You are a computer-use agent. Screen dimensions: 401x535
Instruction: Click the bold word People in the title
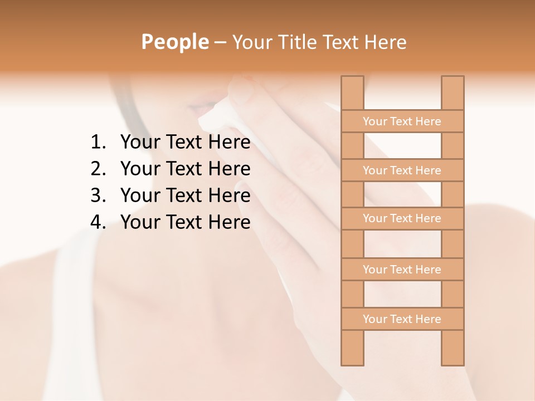pyautogui.click(x=175, y=42)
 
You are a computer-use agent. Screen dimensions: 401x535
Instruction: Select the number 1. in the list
pyautogui.click(x=98, y=143)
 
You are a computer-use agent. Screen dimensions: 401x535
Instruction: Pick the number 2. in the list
pyautogui.click(x=98, y=169)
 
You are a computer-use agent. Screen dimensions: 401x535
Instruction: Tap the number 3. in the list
pyautogui.click(x=98, y=195)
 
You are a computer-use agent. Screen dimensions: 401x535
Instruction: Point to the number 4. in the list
pyautogui.click(x=98, y=222)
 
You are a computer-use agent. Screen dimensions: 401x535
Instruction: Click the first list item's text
pyautogui.click(x=185, y=143)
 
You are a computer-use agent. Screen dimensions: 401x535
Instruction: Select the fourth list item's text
pyautogui.click(x=185, y=222)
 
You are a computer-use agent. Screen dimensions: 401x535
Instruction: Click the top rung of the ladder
pyautogui.click(x=402, y=121)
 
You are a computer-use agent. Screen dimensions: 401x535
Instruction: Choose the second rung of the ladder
pyautogui.click(x=402, y=170)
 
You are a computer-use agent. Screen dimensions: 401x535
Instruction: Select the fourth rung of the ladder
pyautogui.click(x=402, y=270)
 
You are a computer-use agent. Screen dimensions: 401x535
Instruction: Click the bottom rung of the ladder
pyautogui.click(x=402, y=319)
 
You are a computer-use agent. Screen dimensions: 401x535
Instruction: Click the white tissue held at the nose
pyautogui.click(x=217, y=114)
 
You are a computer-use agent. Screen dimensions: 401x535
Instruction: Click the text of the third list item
pyautogui.click(x=185, y=195)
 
